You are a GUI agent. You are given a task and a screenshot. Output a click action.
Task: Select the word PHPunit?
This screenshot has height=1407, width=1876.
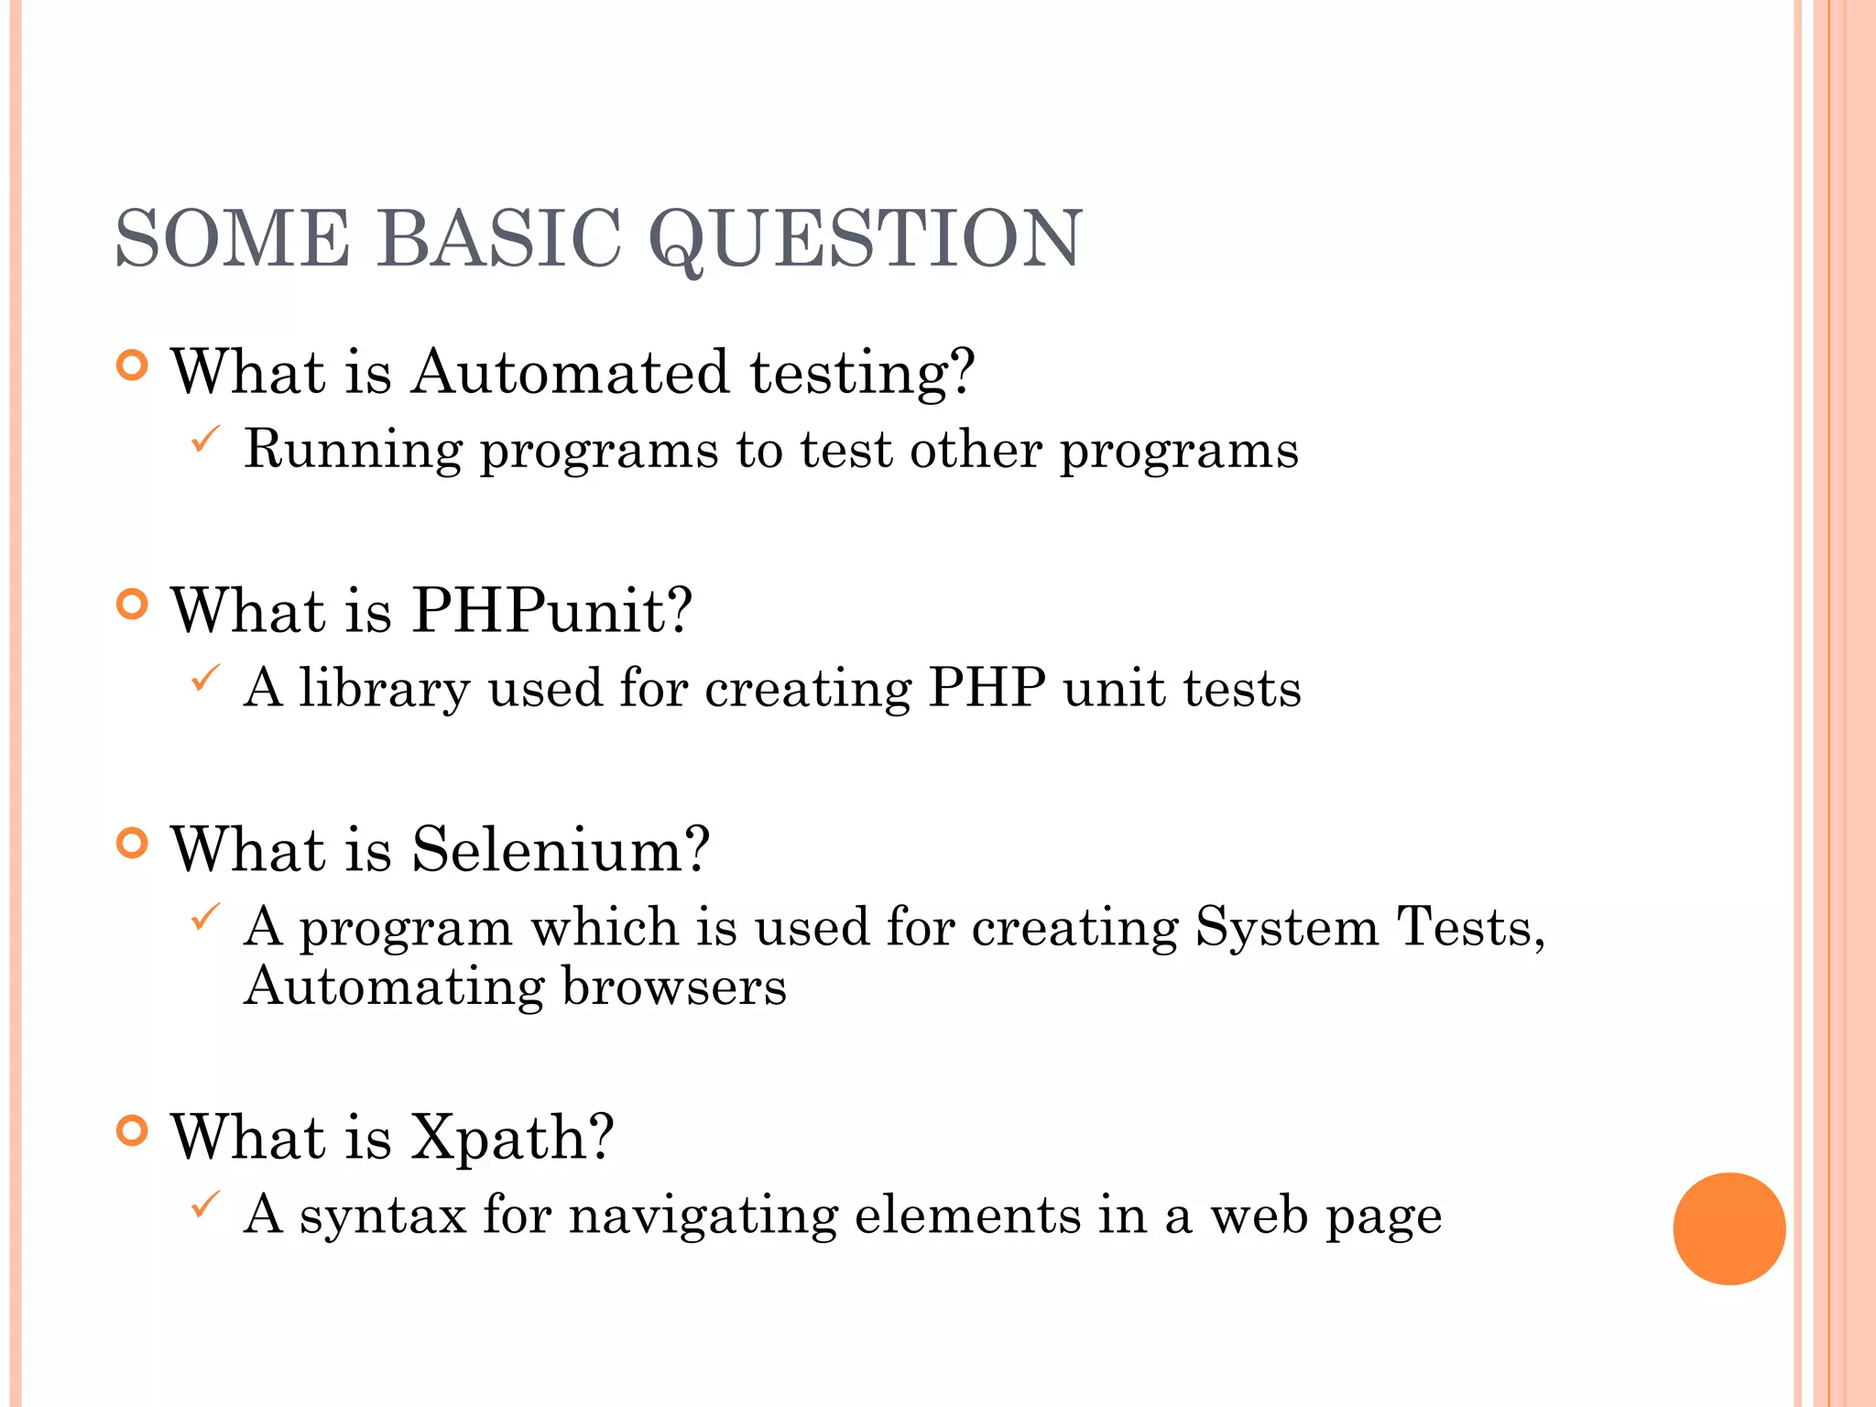551,611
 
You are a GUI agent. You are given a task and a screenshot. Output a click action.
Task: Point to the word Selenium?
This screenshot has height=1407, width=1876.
560,850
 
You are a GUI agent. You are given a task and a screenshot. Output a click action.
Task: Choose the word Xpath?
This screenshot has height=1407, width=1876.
511,1138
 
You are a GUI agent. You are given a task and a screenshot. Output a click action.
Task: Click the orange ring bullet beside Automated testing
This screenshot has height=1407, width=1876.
133,366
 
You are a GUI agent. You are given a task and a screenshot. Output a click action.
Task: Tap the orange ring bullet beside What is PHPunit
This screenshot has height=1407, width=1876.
133,605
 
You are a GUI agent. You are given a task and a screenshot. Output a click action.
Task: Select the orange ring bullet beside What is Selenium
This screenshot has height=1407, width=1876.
133,844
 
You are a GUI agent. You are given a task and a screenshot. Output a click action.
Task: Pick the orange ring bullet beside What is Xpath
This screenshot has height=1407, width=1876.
133,1131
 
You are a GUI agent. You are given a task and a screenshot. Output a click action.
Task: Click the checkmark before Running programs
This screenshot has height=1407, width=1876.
205,440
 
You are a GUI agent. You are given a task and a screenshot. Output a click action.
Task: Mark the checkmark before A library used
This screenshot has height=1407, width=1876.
205,679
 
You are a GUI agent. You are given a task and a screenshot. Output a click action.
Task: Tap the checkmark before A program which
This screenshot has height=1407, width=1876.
205,917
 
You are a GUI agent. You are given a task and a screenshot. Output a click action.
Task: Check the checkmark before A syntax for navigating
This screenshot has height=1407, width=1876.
205,1205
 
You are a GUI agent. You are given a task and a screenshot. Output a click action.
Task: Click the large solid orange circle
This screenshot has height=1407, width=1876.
1729,1229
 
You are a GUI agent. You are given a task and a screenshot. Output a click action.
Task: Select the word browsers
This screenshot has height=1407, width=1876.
674,987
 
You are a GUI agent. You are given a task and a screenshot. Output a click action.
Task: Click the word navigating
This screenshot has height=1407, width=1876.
703,1216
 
